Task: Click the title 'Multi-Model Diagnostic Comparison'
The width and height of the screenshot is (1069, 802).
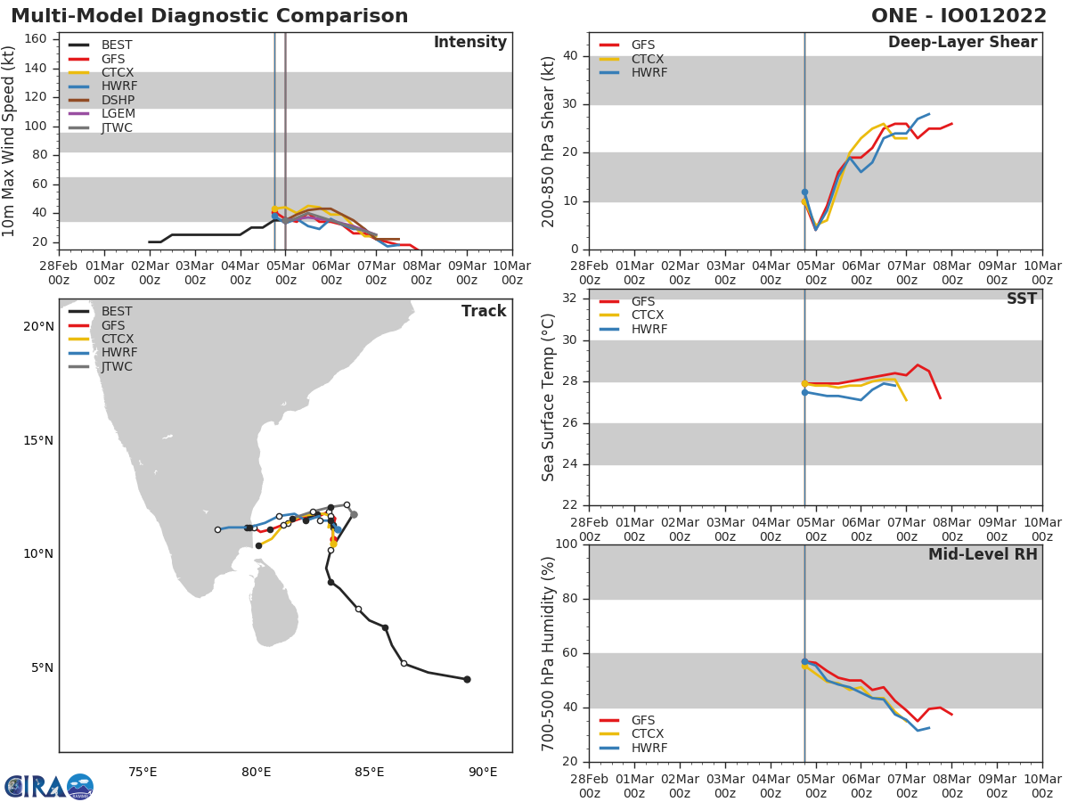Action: pyautogui.click(x=209, y=16)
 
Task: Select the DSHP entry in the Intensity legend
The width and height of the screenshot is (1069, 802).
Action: pyautogui.click(x=117, y=100)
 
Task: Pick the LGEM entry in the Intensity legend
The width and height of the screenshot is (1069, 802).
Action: pyautogui.click(x=117, y=114)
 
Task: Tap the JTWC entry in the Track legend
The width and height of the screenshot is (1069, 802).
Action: pyautogui.click(x=117, y=366)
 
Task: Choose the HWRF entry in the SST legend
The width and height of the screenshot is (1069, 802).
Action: pyautogui.click(x=649, y=329)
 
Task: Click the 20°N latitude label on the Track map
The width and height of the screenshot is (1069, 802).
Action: pyautogui.click(x=38, y=326)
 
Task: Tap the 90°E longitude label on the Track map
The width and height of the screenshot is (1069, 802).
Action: pyautogui.click(x=483, y=772)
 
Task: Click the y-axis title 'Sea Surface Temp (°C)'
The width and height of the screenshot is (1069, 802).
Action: pyautogui.click(x=549, y=398)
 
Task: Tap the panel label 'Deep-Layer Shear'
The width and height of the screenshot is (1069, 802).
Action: pyautogui.click(x=962, y=43)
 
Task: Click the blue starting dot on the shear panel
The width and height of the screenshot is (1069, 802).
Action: pyautogui.click(x=804, y=192)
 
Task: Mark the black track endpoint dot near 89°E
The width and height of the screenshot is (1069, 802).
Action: pyautogui.click(x=467, y=679)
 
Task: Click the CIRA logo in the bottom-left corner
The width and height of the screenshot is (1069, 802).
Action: pyautogui.click(x=48, y=787)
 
